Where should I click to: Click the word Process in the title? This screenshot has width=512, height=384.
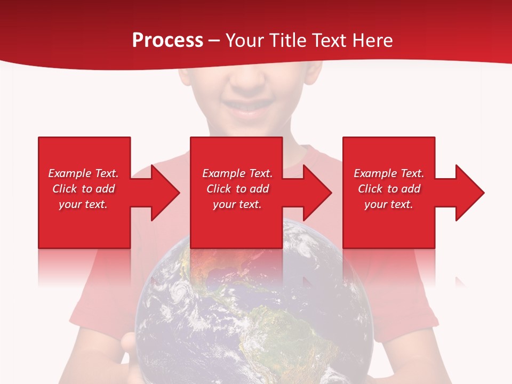(167, 41)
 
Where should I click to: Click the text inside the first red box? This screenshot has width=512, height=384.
(83, 189)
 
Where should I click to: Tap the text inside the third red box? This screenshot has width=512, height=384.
(389, 189)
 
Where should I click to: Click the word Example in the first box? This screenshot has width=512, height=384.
(69, 173)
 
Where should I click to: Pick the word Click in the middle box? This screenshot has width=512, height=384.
(218, 189)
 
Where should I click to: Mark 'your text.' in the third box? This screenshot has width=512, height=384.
(389, 204)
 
